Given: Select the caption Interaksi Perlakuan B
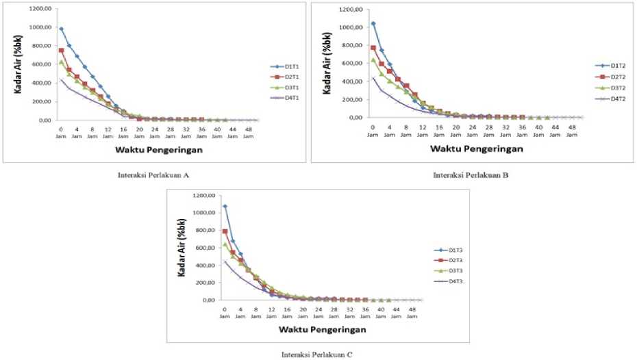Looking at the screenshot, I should [471, 175].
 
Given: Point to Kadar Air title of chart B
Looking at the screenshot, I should [323, 65].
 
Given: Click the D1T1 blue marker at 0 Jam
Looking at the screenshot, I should [61, 29].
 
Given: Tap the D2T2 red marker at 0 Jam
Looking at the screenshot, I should [373, 48].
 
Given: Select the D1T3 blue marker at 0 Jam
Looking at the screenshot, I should [224, 206].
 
